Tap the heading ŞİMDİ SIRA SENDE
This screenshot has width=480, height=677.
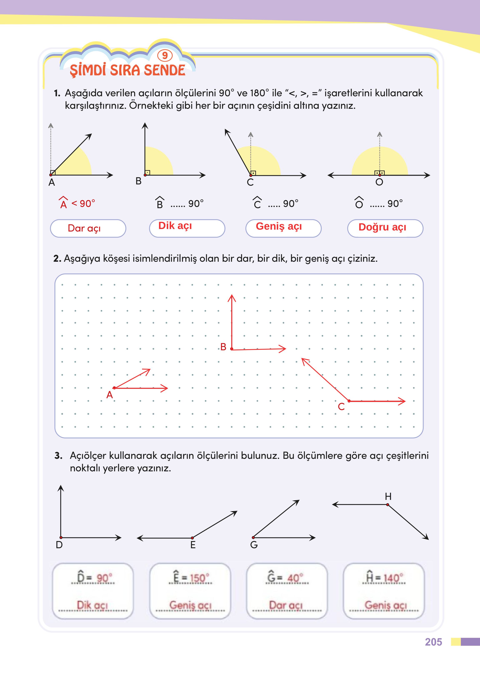(128, 70)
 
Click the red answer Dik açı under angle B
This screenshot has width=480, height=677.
(175, 226)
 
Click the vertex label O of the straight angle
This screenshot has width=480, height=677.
(379, 182)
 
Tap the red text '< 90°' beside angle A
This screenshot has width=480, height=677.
(83, 203)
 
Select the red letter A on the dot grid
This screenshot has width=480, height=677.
(110, 395)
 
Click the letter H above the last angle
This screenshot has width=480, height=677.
(388, 496)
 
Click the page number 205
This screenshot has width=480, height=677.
(433, 642)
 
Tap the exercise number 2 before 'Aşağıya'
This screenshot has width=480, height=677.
(56, 259)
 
